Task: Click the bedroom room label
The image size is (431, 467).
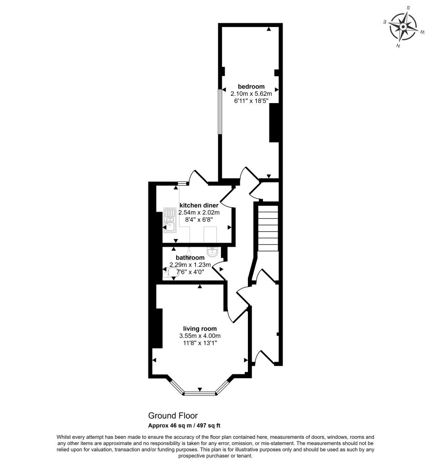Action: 251,87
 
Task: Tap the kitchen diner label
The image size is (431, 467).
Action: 199,205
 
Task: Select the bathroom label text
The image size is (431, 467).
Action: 190,258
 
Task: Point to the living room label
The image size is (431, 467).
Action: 200,329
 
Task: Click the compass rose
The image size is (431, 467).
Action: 403,27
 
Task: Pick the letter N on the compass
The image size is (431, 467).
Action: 398,45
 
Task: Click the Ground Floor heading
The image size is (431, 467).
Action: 173,415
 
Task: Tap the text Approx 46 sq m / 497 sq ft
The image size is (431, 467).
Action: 184,425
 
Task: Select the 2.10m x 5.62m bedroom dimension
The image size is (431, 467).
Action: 251,94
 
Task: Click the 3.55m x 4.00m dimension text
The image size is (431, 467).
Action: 200,336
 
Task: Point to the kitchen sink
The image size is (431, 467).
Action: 169,220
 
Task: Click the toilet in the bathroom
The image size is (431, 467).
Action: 171,272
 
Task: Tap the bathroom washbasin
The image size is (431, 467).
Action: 212,252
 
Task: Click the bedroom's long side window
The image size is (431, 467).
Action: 219,112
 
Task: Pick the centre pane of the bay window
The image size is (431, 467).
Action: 200,394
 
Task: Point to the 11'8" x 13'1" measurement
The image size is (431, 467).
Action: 200,343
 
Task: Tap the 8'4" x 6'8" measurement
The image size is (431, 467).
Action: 199,219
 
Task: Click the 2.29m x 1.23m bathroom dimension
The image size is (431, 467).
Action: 190,265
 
